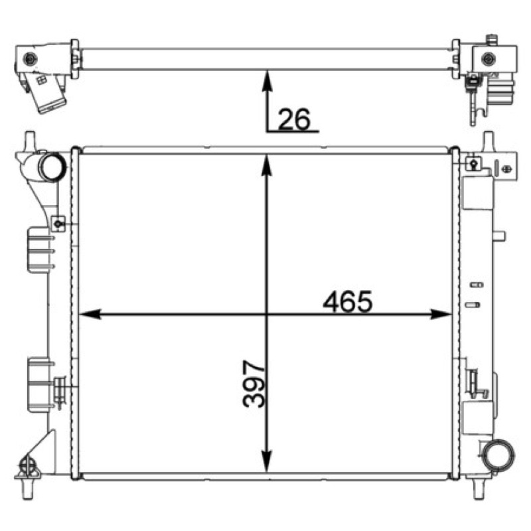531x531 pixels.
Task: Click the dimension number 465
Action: [347, 301]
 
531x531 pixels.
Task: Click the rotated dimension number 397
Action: [254, 384]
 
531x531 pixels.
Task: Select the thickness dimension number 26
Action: [294, 119]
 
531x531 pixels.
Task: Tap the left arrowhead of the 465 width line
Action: [90, 314]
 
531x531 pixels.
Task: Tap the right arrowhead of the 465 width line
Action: [441, 314]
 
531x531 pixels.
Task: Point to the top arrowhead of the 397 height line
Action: [267, 165]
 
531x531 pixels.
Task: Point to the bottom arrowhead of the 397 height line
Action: [267, 461]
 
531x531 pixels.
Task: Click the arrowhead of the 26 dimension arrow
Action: [267, 80]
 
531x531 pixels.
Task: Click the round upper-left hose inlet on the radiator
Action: [52, 167]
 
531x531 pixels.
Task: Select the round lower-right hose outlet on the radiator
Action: [499, 455]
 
